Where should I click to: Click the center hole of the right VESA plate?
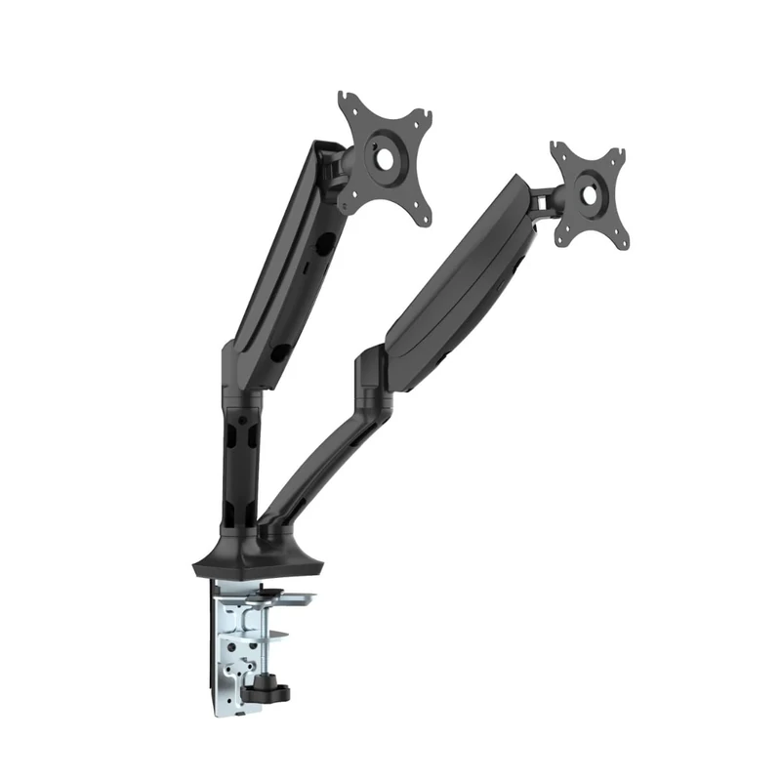589,193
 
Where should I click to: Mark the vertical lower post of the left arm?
240,459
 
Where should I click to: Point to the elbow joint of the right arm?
373,376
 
